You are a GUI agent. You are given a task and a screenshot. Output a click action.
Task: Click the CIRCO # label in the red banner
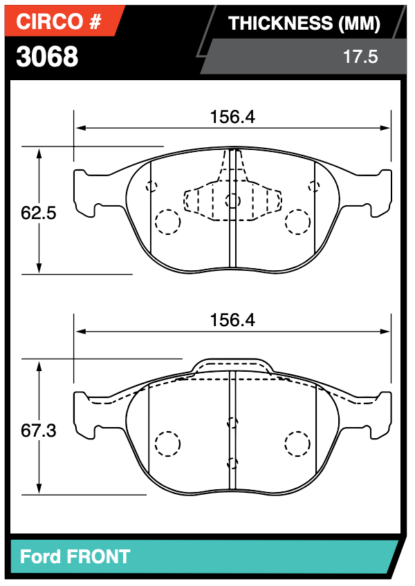click(x=59, y=22)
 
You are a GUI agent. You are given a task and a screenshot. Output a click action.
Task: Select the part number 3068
click(x=47, y=57)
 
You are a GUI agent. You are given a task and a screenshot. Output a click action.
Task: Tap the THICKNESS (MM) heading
click(x=304, y=23)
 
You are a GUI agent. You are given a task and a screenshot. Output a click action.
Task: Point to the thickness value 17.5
click(x=360, y=57)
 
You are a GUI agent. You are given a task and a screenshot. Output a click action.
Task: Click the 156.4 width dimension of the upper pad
click(x=232, y=117)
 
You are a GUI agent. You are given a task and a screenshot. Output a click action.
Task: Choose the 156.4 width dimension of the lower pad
click(x=232, y=321)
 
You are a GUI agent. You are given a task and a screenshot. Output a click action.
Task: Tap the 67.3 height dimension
click(x=38, y=431)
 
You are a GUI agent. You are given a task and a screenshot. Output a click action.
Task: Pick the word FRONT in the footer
click(x=98, y=556)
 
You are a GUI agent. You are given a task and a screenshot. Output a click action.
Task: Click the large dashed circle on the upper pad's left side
click(x=167, y=221)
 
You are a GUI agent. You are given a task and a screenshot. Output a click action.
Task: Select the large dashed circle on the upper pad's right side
click(x=298, y=221)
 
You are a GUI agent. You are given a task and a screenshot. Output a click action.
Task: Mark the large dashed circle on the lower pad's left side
click(x=167, y=443)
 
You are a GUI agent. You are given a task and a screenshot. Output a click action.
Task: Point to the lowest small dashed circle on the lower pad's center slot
click(x=232, y=463)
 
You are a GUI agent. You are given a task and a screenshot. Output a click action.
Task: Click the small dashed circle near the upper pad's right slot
click(x=315, y=185)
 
